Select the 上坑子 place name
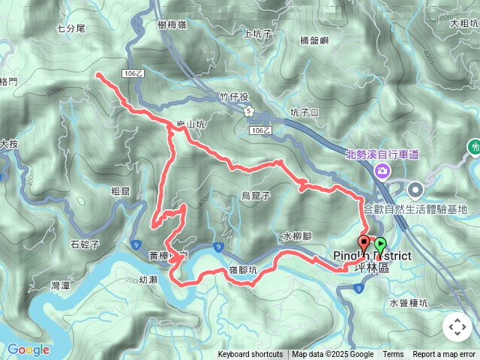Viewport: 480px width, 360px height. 256,33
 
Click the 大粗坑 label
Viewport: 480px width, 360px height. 463,24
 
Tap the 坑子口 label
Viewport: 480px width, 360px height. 304,112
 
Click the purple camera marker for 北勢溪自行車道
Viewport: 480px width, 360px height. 383,172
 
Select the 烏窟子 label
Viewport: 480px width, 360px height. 256,196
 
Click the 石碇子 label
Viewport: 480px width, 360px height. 85,244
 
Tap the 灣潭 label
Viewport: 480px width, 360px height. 61,286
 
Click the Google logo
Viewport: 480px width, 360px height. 28,349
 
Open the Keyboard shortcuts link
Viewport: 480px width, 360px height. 250,355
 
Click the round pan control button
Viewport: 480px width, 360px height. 457,327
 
